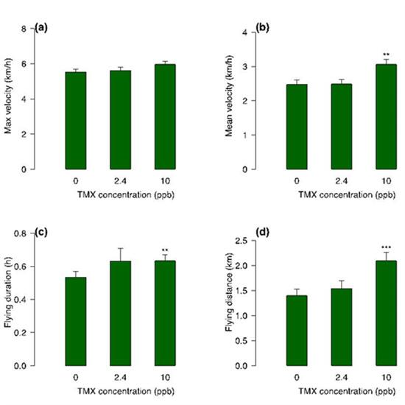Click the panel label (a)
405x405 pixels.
coord(41,28)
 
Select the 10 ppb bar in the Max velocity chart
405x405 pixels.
coord(165,117)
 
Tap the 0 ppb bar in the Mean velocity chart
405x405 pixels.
coord(297,127)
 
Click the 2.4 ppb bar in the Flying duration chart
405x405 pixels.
coord(120,313)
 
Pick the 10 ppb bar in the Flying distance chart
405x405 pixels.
coord(386,313)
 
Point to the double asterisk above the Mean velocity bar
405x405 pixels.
coord(386,54)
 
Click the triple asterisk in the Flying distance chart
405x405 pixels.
coord(386,247)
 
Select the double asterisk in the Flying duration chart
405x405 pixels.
coord(165,250)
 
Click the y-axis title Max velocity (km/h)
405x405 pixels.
coord(8,96)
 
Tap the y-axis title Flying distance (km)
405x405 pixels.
coord(229,292)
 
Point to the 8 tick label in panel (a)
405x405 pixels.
coord(24,29)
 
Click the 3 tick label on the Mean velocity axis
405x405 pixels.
coord(245,66)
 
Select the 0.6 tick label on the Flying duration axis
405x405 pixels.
coord(21,267)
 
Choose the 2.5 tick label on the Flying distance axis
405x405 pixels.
coord(242,241)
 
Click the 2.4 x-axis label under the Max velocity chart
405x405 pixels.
coord(120,181)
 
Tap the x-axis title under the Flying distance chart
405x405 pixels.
coord(347,391)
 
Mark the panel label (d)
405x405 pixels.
coord(262,233)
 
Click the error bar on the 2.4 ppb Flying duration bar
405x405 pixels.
coord(120,255)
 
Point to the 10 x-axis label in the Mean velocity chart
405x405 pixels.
coord(386,181)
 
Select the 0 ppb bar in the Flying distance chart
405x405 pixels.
coord(297,331)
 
